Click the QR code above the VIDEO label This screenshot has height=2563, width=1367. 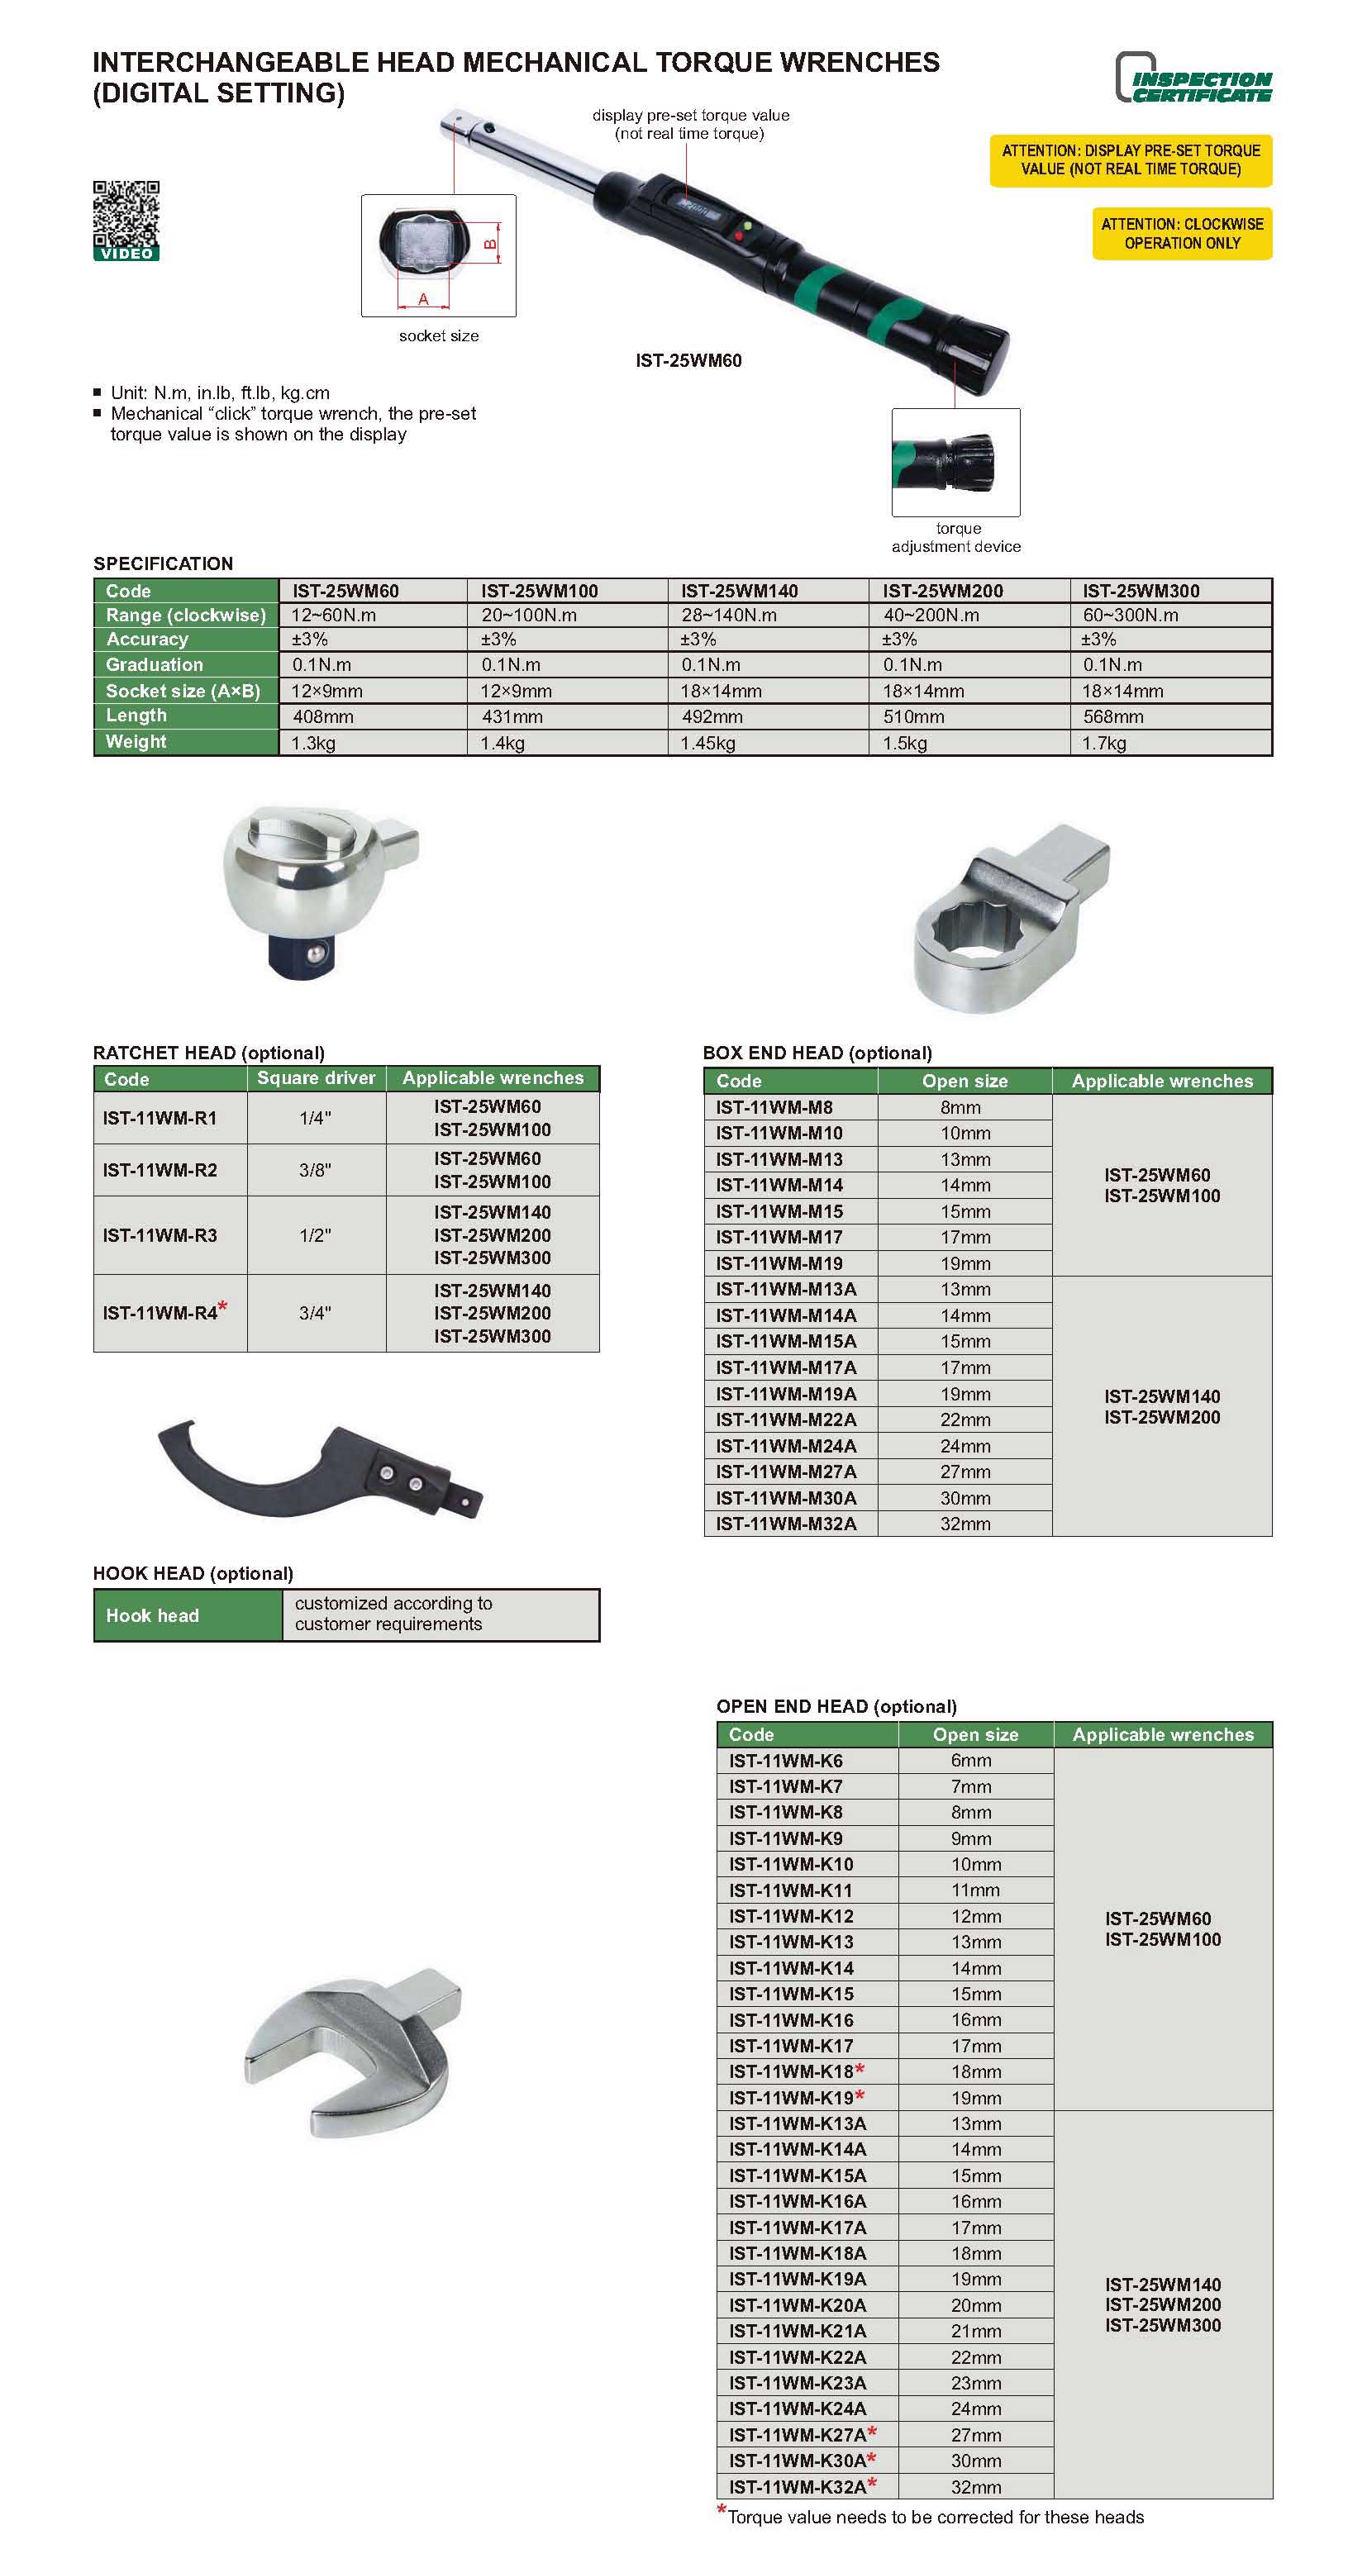pos(126,213)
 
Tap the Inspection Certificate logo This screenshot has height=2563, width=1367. pos(1193,78)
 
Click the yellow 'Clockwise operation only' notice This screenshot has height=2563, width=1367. pos(1181,234)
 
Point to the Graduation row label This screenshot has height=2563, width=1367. pos(155,664)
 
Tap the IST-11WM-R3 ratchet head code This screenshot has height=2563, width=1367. pos(160,1234)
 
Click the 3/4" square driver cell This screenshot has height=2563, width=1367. pos(316,1314)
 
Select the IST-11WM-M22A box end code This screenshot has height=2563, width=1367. pos(785,1419)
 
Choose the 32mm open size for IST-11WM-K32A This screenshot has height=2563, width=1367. pos(975,2486)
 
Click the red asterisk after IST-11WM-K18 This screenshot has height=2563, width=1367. pos(860,2070)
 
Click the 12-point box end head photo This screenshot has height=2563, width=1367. pos(1009,916)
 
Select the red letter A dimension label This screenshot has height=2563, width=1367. pos(423,298)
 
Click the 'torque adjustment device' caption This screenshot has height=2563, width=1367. pos(955,537)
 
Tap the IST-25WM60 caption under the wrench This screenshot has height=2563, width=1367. pos(688,361)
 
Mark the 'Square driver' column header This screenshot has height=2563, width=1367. pos(316,1078)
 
